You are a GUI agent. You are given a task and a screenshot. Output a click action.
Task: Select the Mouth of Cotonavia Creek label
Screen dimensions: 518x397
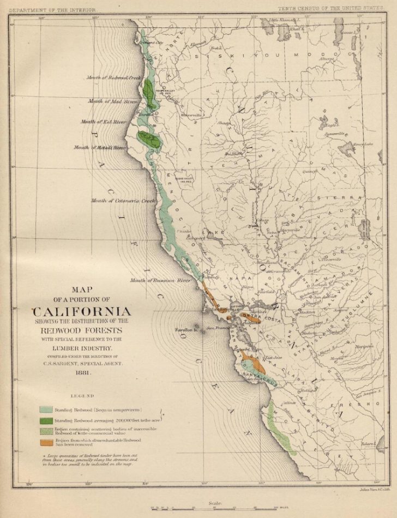click(124, 201)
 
